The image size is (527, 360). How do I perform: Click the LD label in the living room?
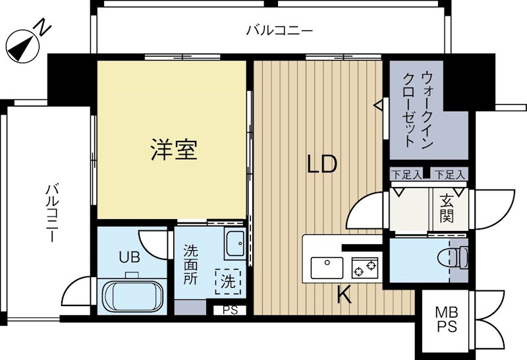pyautogui.click(x=322, y=164)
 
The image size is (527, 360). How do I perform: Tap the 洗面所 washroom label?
pyautogui.click(x=191, y=265)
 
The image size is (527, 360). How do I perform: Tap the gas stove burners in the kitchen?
pyautogui.click(x=364, y=267)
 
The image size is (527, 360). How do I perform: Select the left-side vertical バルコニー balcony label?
pyautogui.click(x=52, y=214)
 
